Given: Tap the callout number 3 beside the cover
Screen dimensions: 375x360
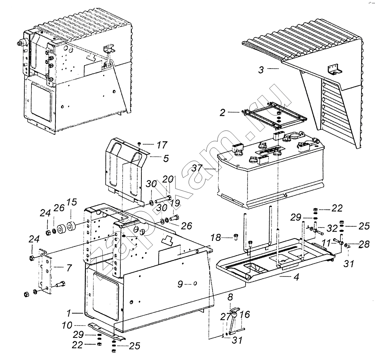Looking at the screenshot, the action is coord(261,70).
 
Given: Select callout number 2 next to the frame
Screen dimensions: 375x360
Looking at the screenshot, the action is coord(222,112).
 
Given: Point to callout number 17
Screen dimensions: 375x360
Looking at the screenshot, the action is coord(162,145).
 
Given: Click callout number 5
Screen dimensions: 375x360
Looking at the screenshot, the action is coord(166,158).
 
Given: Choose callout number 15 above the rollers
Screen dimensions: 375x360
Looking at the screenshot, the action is coord(72,202).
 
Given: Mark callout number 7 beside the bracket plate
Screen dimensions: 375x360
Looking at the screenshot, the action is coord(69,268).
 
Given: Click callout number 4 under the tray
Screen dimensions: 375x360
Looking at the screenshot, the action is coord(296,277).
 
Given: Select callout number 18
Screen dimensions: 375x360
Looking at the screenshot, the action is coord(216,238).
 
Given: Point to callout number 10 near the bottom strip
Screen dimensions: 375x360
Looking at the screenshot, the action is coord(67,325).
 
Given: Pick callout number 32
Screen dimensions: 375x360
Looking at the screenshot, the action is coord(332,229).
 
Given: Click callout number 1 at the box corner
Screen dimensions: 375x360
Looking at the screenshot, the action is coord(69,313).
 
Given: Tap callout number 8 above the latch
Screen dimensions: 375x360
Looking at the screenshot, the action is coord(230,298).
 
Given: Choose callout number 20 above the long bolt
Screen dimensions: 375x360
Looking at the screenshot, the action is coord(168,179).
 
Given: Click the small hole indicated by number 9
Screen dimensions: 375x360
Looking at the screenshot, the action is coord(195,284).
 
